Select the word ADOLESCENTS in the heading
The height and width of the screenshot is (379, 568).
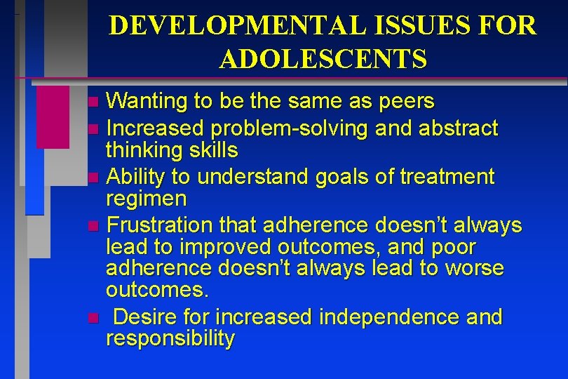coord(323,60)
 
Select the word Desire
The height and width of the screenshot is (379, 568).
coord(143,317)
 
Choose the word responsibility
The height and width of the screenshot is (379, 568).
coord(170,339)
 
